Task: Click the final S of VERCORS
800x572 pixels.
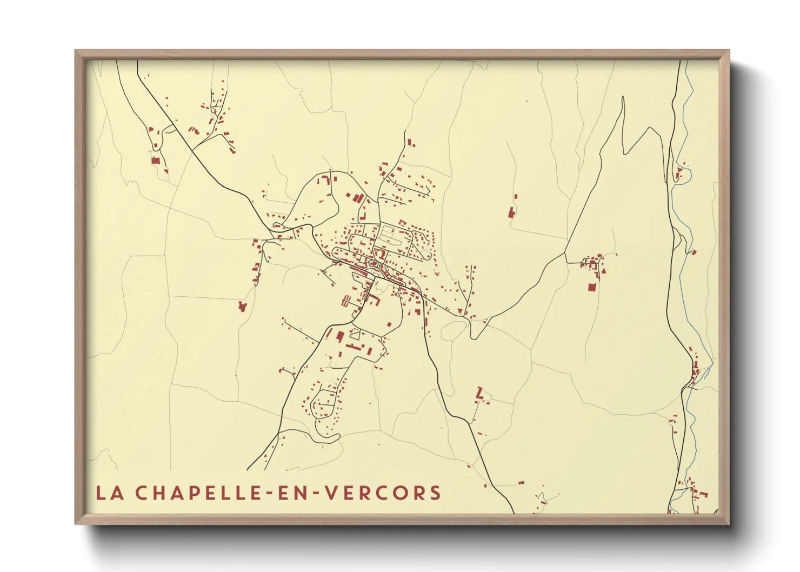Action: (x=435, y=493)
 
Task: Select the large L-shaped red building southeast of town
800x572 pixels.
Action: (x=478, y=393)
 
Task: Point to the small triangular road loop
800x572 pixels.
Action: (x=355, y=335)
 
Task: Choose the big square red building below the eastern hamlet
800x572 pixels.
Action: (x=591, y=287)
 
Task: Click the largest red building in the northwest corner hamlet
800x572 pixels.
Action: (x=155, y=161)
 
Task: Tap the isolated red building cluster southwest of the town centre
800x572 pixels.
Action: (x=242, y=306)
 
